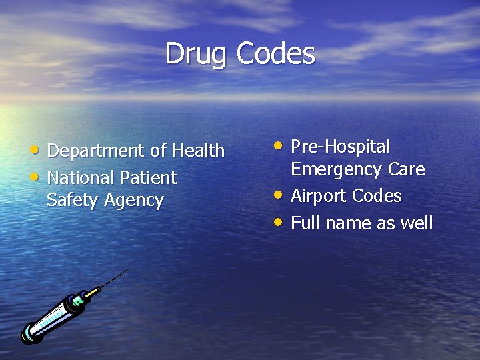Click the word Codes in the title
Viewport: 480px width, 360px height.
click(275, 53)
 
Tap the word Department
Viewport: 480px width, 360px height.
click(97, 151)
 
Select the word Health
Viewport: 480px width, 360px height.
click(198, 151)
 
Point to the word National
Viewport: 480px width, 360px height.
click(81, 178)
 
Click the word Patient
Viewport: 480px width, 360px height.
click(149, 178)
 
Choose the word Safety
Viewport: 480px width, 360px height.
click(71, 201)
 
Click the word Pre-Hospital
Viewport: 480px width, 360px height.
click(341, 147)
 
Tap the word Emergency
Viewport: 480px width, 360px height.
click(335, 169)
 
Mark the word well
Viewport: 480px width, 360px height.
click(417, 223)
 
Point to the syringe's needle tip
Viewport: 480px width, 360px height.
click(128, 269)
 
